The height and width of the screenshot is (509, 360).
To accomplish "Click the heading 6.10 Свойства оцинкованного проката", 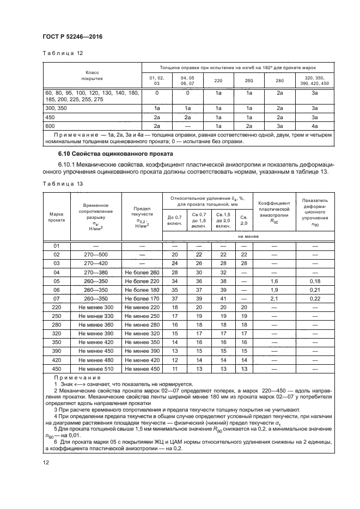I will [x=107, y=154].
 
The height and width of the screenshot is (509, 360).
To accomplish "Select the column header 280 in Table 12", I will [x=279, y=81].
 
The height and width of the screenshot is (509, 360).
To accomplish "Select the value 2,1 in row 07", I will [x=274, y=299].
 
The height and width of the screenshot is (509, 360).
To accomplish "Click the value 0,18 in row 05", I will [x=314, y=281].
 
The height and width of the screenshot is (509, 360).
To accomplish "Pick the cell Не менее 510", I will [x=96, y=369].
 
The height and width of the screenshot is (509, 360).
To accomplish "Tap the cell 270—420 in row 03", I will [x=96, y=263].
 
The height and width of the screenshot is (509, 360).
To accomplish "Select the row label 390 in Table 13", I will [x=57, y=351].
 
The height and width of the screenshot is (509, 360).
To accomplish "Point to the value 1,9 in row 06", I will [x=274, y=290].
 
